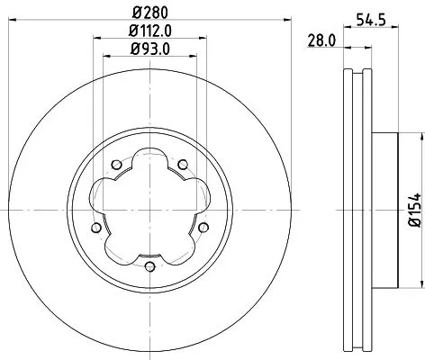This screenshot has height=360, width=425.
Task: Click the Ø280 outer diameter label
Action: [x=149, y=13]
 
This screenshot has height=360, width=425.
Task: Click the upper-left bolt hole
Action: [x=116, y=165]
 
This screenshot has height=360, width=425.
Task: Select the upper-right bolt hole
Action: [x=181, y=165]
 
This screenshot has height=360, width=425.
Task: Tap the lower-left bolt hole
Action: [x=96, y=227]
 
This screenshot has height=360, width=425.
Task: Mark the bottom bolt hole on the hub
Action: [x=149, y=265]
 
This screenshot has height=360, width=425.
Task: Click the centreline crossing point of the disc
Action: [x=149, y=211]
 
